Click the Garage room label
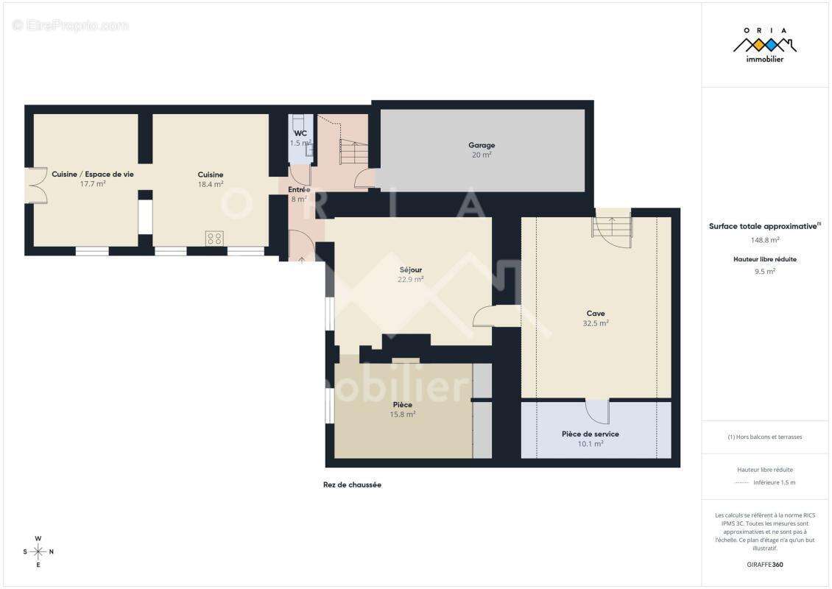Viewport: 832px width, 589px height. [482, 145]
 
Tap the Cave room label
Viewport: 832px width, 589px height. [596, 314]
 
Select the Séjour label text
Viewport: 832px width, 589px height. [410, 269]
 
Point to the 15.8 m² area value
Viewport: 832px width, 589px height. [403, 415]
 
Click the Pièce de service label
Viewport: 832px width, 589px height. [590, 434]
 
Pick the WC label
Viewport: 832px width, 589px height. [300, 133]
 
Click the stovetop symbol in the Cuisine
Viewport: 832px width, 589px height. [214, 238]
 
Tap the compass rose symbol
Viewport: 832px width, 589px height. [38, 551]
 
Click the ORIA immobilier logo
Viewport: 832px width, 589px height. [765, 45]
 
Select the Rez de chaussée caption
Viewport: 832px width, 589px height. [352, 484]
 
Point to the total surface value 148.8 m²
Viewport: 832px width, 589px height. [765, 239]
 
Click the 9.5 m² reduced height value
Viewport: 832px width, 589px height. [765, 271]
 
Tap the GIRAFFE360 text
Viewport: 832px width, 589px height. [765, 565]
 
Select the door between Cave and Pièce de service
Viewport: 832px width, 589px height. [597, 411]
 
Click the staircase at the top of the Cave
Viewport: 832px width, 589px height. [612, 225]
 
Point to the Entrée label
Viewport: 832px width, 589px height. [299, 189]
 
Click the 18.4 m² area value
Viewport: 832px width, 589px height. [211, 184]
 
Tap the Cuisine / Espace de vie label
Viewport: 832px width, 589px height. [93, 174]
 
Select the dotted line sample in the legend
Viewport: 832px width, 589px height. [741, 483]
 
